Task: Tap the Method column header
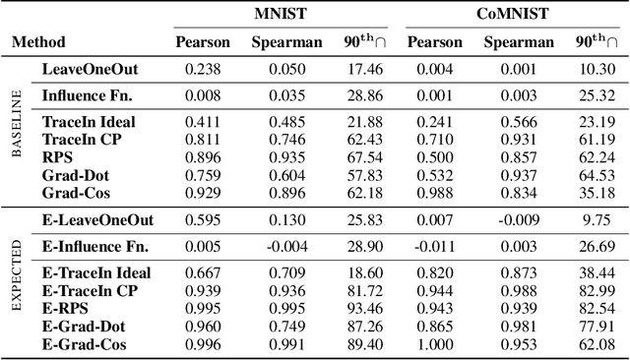point(38,42)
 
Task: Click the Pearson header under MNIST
point(203,42)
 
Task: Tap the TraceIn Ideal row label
point(89,121)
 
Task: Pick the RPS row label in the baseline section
point(56,155)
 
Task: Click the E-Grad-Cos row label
point(84,344)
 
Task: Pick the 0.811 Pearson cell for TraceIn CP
point(203,139)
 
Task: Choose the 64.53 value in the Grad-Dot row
point(597,173)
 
